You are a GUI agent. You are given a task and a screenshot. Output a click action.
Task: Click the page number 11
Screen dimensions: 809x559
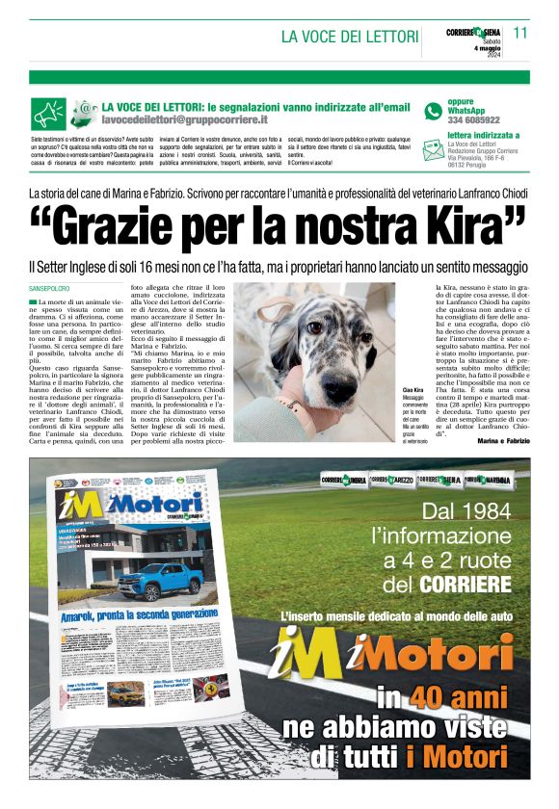tap(521, 32)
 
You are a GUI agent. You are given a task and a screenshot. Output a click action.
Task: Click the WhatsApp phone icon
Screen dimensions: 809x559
tap(434, 112)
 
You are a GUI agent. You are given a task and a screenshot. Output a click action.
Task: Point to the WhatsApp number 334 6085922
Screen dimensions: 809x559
tap(473, 120)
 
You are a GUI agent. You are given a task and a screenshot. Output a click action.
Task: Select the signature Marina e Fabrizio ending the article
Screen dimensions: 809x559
tap(502, 441)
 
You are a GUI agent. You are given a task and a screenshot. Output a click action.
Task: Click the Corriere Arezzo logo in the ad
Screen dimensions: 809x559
tap(390, 479)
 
